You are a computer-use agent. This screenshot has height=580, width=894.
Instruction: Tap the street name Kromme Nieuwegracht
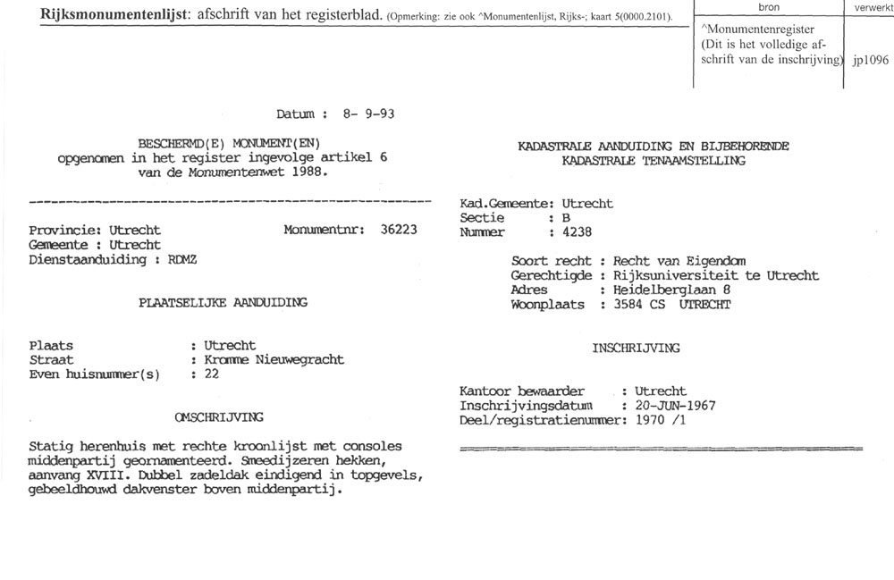point(274,360)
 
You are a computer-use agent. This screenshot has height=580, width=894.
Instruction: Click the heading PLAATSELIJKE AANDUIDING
point(223,302)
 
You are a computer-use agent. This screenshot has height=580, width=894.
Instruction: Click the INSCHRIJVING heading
point(635,348)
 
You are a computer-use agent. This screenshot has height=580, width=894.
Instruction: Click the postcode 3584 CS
point(634,305)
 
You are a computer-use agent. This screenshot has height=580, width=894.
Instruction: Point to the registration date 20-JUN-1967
point(675,406)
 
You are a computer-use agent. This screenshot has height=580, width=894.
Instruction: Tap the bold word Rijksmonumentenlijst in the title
point(114,16)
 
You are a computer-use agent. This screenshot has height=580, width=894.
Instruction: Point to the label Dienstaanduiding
point(86,259)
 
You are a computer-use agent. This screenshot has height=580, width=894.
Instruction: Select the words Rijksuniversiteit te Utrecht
point(714,276)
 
